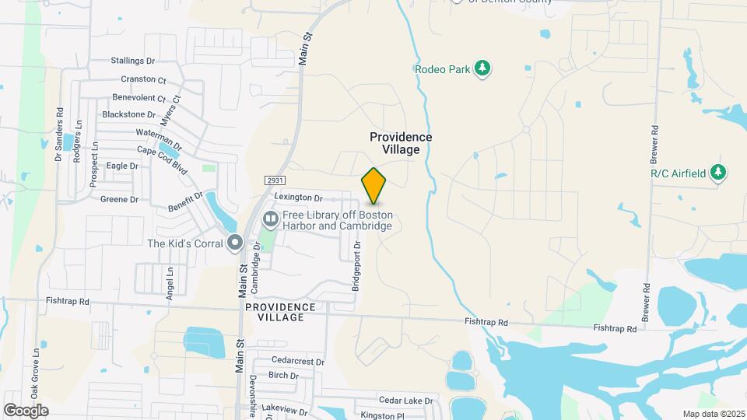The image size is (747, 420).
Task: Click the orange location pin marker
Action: pyautogui.click(x=373, y=186)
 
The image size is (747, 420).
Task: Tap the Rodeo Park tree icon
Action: pyautogui.click(x=483, y=69)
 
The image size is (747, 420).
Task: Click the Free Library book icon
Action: pyautogui.click(x=271, y=220)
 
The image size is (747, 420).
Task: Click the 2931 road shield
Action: pyautogui.click(x=272, y=180)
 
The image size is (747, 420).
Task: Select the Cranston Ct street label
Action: pyautogui.click(x=144, y=79)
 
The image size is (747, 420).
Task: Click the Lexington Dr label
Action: pyautogui.click(x=298, y=199)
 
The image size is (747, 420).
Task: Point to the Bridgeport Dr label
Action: pyautogui.click(x=357, y=266)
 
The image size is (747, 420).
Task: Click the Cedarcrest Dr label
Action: pyautogui.click(x=298, y=361)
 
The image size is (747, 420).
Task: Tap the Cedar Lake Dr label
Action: pyautogui.click(x=405, y=401)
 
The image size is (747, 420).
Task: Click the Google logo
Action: pyautogui.click(x=26, y=410)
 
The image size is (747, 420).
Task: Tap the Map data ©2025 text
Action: pyautogui.click(x=714, y=414)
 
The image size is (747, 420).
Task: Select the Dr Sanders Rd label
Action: pyautogui.click(x=58, y=135)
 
